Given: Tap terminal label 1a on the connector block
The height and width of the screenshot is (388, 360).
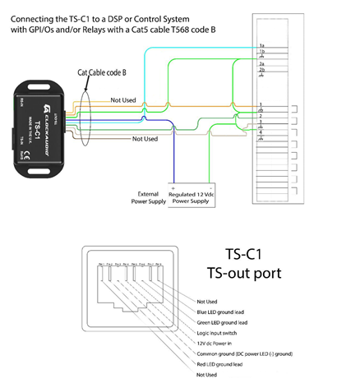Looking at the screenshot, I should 261,45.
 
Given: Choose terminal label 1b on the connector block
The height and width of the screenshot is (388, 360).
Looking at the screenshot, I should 261,53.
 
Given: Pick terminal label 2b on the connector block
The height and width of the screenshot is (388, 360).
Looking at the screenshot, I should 261,72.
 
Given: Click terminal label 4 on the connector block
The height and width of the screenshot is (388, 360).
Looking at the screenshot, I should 261,132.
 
